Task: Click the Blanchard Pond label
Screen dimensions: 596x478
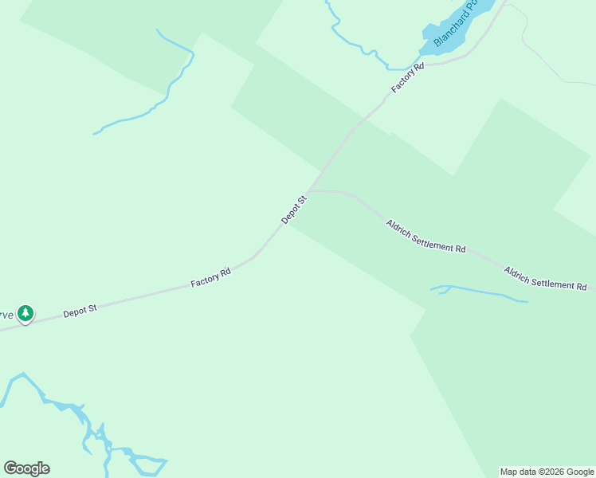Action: [453, 24]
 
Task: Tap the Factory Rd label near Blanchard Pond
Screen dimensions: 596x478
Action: [407, 77]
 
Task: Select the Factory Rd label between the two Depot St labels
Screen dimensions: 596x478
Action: [210, 278]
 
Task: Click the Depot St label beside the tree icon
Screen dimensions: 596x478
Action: [80, 309]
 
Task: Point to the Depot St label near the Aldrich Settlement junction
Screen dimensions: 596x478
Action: [293, 209]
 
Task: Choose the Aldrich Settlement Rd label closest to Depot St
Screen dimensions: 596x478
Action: [425, 236]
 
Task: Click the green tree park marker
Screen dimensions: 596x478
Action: [25, 314]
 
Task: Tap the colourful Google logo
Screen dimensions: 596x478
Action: [26, 468]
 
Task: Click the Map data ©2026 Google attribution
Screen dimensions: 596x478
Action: [547, 472]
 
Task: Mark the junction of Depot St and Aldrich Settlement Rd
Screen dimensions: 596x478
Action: [308, 191]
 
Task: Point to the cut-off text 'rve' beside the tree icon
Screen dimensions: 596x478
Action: [6, 314]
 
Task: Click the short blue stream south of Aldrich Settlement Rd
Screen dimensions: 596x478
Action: [478, 292]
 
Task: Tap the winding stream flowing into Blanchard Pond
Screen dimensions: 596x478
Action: [359, 44]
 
